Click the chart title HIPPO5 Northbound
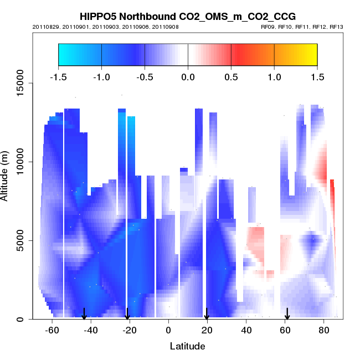(188, 17)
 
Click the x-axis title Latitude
(187, 346)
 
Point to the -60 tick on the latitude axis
(52, 330)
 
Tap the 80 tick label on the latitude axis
(323, 330)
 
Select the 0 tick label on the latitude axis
(168, 330)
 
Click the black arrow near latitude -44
(84, 314)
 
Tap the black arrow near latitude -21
(127, 314)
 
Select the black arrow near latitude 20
(207, 314)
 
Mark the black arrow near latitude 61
(287, 314)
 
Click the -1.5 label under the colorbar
(58, 76)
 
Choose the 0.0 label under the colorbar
(188, 76)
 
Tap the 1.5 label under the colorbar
(317, 76)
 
